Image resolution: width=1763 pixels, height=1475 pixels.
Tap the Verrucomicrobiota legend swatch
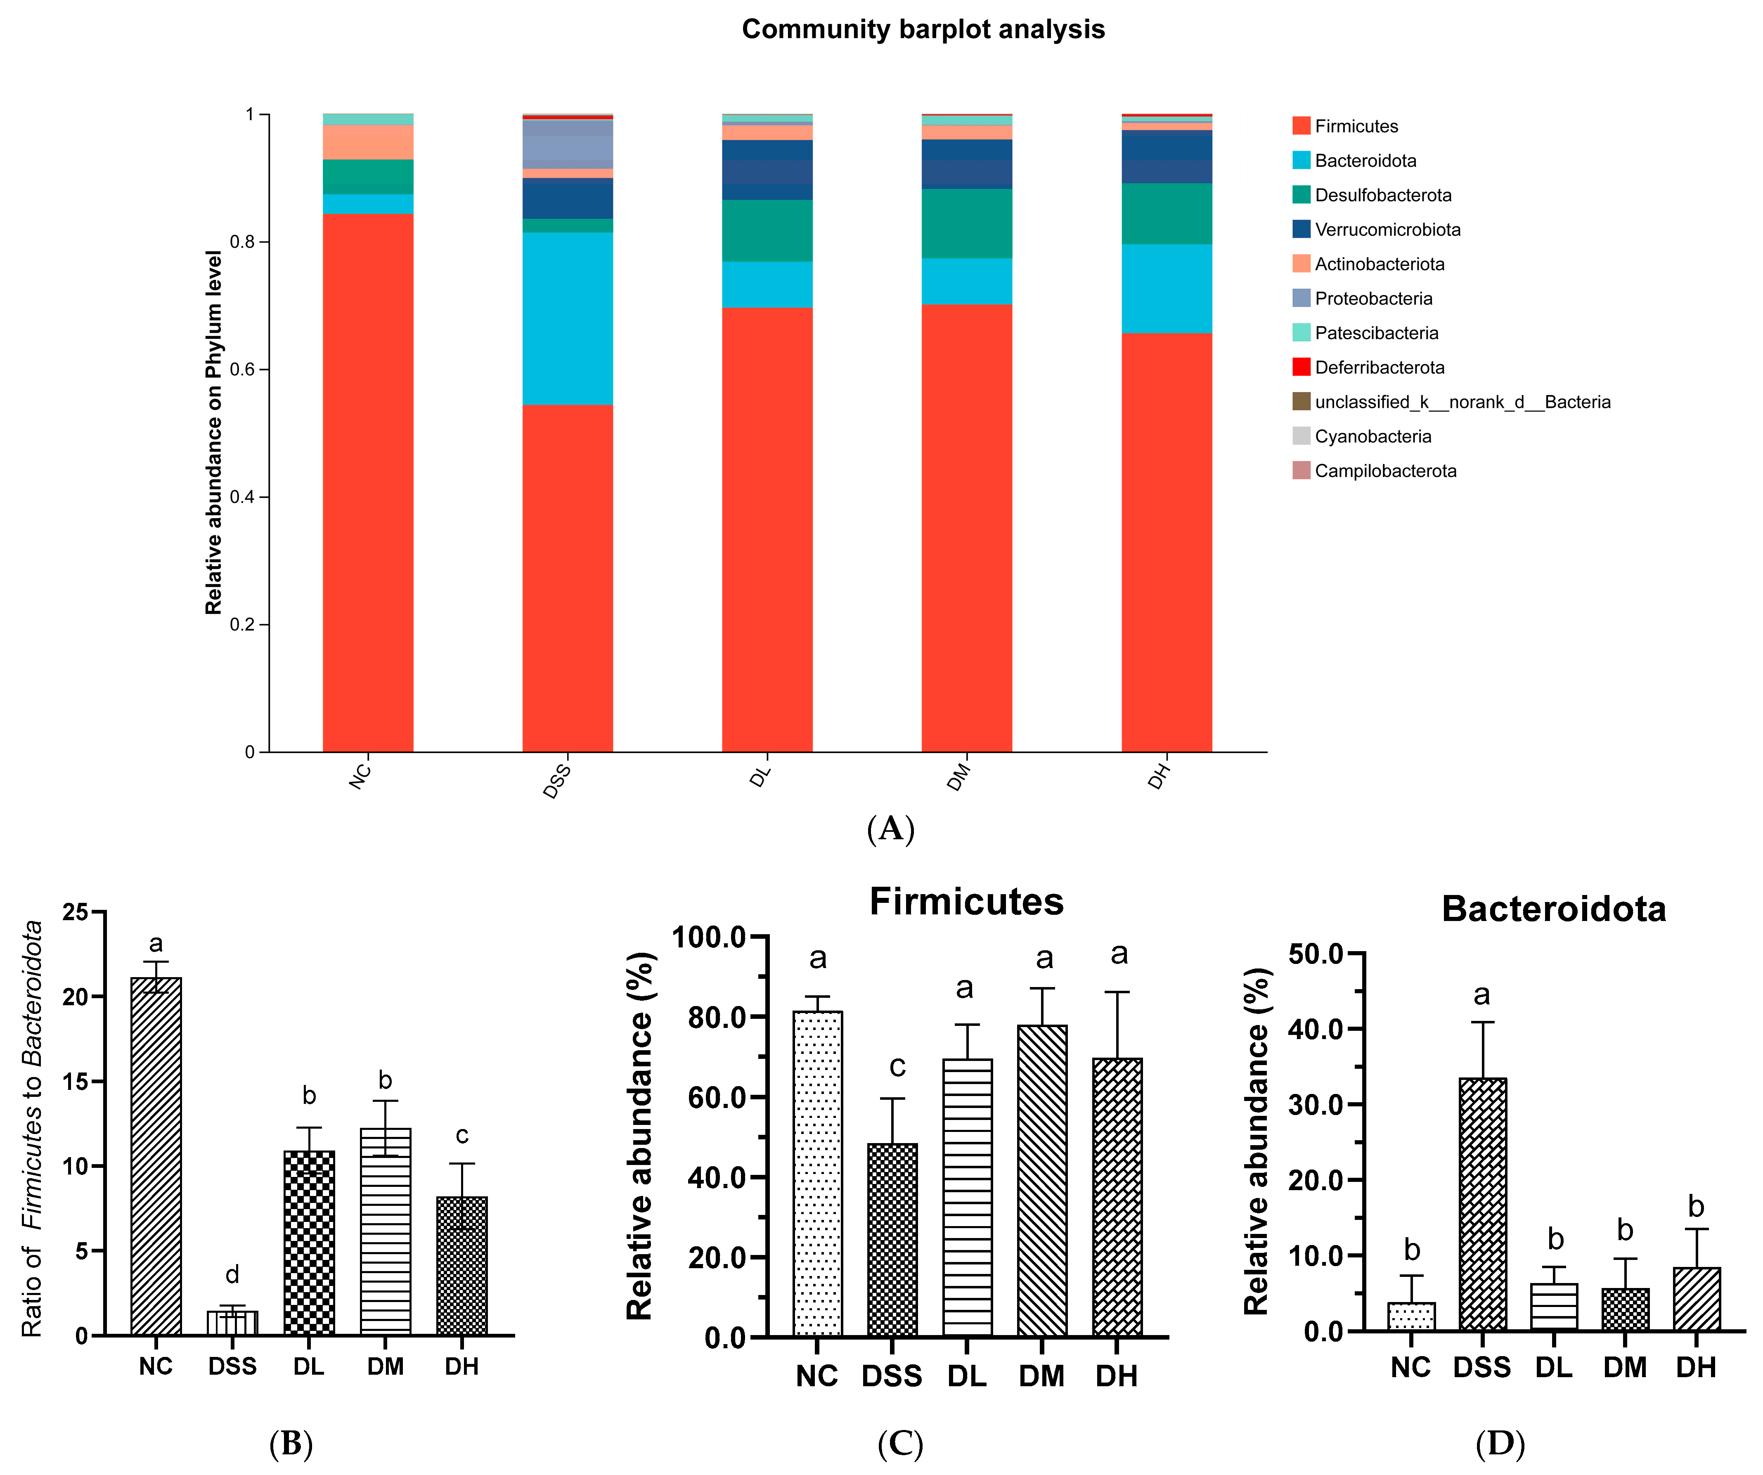point(1301,229)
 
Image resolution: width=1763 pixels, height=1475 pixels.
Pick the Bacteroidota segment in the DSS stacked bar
point(568,319)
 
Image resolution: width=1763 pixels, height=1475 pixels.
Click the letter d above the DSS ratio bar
point(232,1275)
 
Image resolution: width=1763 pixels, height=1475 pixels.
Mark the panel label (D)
point(1499,1444)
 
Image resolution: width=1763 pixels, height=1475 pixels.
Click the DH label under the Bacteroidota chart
point(1696,1368)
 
